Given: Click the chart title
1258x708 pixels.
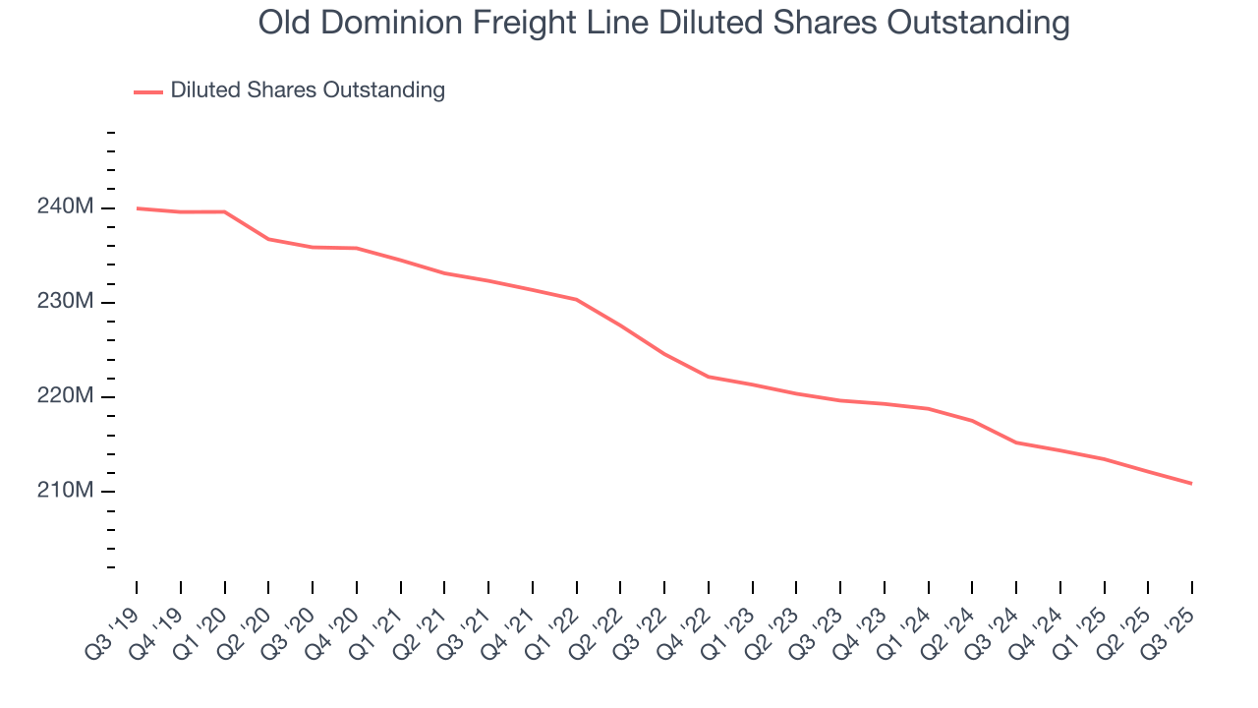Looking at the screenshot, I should coord(663,22).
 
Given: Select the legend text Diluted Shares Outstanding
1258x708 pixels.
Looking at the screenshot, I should coord(308,90).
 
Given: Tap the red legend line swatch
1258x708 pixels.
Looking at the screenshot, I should coord(148,91).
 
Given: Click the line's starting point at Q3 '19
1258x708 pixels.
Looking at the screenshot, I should coord(137,208).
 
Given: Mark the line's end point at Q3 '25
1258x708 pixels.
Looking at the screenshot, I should coord(1191,483).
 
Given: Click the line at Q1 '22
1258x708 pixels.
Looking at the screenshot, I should coord(576,299).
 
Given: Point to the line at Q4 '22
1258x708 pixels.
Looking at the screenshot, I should coord(709,377).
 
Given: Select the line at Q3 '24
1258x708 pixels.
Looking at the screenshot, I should coord(1016,442).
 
